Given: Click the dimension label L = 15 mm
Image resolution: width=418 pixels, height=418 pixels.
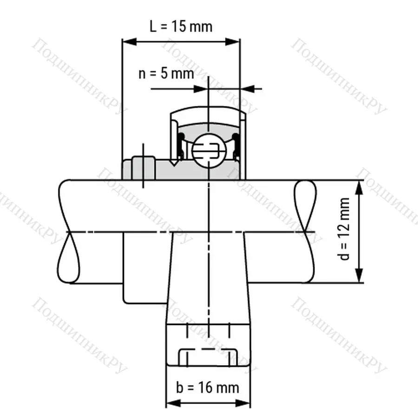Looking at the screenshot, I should coord(181,26).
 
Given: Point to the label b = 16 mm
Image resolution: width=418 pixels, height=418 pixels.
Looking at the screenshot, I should coord(208,387).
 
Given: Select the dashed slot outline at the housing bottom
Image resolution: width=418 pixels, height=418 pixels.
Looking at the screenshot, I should coord(208,357).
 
